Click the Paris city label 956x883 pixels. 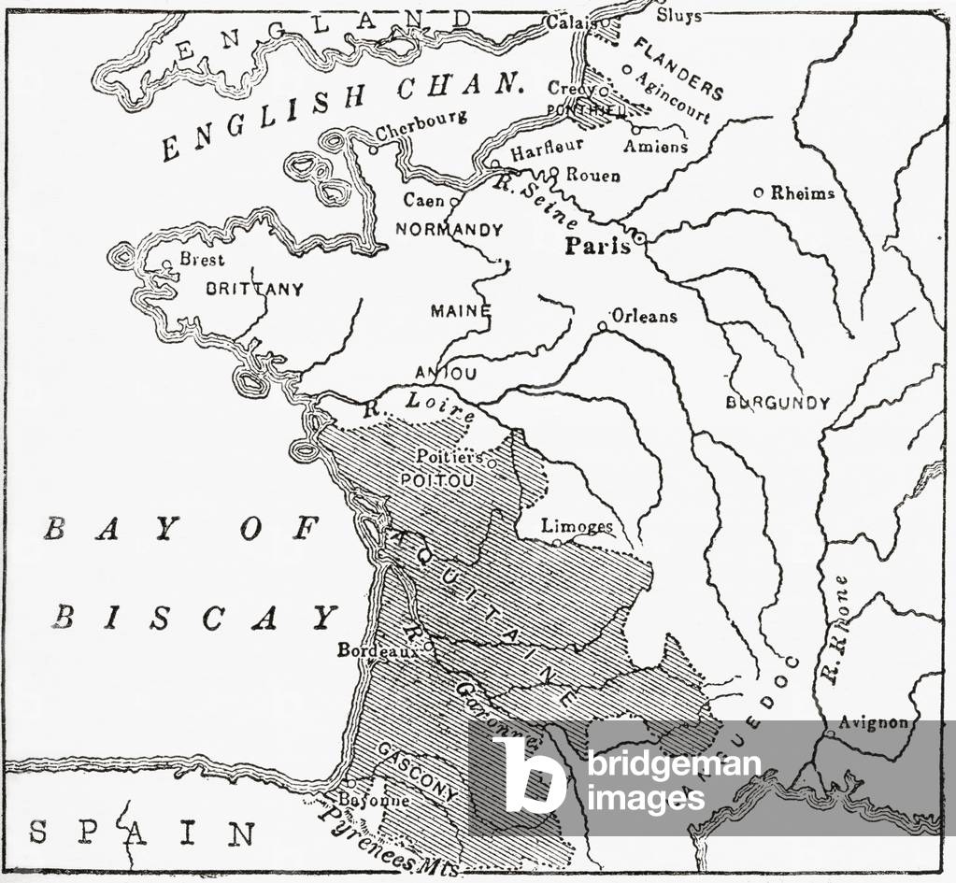pyautogui.click(x=597, y=246)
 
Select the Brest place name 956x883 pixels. pyautogui.click(x=202, y=260)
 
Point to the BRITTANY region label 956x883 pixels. pyautogui.click(x=254, y=290)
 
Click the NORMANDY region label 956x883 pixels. pyautogui.click(x=449, y=229)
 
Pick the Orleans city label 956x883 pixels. pyautogui.click(x=644, y=316)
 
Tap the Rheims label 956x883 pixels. pyautogui.click(x=802, y=192)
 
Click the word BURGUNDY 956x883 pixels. pyautogui.click(x=778, y=403)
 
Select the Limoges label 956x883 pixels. pyautogui.click(x=577, y=527)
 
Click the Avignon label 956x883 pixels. pyautogui.click(x=873, y=723)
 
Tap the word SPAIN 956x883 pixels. pyautogui.click(x=141, y=832)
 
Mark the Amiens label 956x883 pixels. pyautogui.click(x=655, y=147)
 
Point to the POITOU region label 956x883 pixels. pyautogui.click(x=437, y=479)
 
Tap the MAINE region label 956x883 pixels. pyautogui.click(x=460, y=310)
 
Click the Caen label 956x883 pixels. pyautogui.click(x=424, y=200)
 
